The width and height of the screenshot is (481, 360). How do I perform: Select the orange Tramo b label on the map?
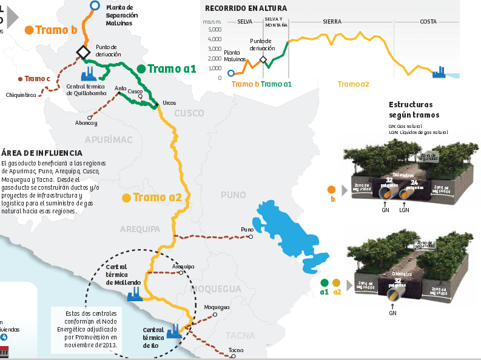pos(56,30)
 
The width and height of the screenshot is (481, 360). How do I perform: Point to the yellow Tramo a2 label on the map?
pos(158,197)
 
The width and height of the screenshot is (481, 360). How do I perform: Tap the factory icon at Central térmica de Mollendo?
pos(134,295)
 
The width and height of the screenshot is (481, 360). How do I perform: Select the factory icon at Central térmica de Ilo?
pos(174,331)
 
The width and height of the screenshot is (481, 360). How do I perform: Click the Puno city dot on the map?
pos(251,237)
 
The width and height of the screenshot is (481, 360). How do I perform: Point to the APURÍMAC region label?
pos(109,140)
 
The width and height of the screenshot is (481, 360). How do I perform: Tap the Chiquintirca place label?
pos(22,95)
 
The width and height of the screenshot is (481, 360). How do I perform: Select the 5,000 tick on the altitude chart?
pos(215,29)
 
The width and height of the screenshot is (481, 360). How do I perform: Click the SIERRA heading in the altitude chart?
pos(332,21)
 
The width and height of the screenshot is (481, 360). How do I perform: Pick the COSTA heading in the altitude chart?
pos(428,21)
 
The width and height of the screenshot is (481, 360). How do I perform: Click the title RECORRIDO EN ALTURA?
pos(246,8)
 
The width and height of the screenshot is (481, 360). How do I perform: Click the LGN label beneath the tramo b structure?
pos(405,210)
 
